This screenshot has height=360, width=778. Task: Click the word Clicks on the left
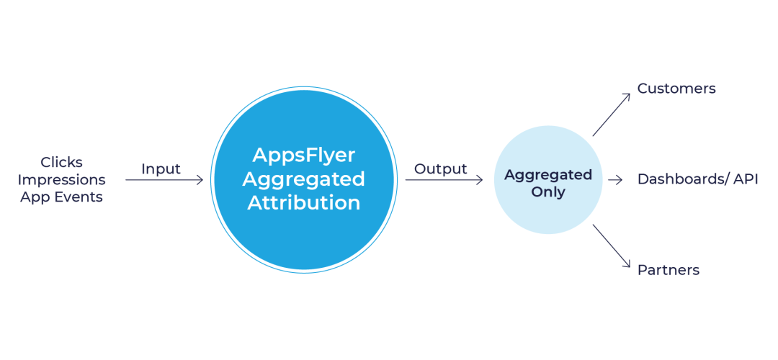pos(61,162)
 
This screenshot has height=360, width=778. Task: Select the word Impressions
pos(61,179)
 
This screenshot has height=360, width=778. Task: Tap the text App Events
pos(61,197)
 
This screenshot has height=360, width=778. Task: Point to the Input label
pos(161,168)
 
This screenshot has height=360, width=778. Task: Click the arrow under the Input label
pos(164,180)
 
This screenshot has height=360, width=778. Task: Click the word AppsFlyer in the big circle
pos(304,155)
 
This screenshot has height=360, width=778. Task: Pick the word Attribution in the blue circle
pos(304,203)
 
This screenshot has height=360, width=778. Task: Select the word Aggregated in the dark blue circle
pos(304,179)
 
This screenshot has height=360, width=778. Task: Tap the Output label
pos(440,168)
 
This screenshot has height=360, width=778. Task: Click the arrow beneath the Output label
pos(444,180)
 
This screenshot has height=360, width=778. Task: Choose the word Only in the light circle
pos(548,192)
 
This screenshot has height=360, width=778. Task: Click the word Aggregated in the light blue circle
pos(548,175)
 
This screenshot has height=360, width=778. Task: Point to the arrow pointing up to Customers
pos(611,114)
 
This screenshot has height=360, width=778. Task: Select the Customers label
pos(676,89)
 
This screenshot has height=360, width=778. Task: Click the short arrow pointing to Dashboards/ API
pos(615,180)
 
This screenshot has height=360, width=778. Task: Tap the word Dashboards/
pos(682,179)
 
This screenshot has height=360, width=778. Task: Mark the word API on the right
pos(746,179)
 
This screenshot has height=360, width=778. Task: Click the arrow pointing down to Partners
pos(611,246)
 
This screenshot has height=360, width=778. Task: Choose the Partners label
pos(669,270)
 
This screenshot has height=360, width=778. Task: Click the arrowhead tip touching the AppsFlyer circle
pos(202,180)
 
